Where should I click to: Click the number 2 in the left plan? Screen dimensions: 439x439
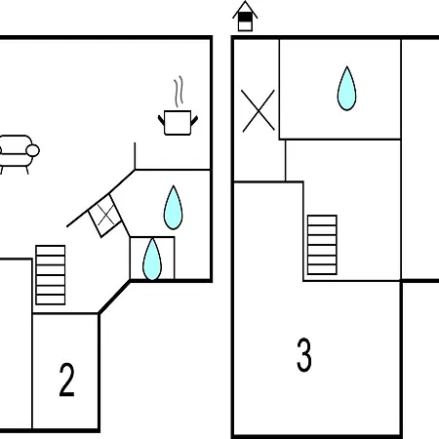click(66, 379)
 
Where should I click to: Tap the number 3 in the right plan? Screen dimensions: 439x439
click(304, 355)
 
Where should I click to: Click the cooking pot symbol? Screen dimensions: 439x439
click(178, 123)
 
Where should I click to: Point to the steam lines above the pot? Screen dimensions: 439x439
click(179, 92)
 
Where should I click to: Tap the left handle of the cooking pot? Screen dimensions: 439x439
click(161, 120)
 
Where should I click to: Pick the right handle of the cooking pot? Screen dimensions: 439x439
click(194, 120)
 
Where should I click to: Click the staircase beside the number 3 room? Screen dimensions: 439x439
click(322, 245)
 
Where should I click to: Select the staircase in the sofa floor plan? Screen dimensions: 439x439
click(51, 275)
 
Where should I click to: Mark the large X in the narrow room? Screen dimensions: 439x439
click(259, 111)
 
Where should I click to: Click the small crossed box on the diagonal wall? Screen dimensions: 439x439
click(105, 216)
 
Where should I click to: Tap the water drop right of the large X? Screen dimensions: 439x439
click(346, 89)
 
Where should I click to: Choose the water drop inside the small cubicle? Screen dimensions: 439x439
click(152, 259)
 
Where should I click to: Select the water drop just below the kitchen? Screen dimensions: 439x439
click(173, 208)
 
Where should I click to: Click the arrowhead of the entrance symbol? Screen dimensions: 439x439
click(245, 10)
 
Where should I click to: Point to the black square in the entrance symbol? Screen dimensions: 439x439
click(245, 17)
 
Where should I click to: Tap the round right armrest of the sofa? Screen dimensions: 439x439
click(32, 151)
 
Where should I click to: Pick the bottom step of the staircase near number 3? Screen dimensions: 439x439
click(322, 270)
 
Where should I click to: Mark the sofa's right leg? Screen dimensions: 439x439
click(27, 170)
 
